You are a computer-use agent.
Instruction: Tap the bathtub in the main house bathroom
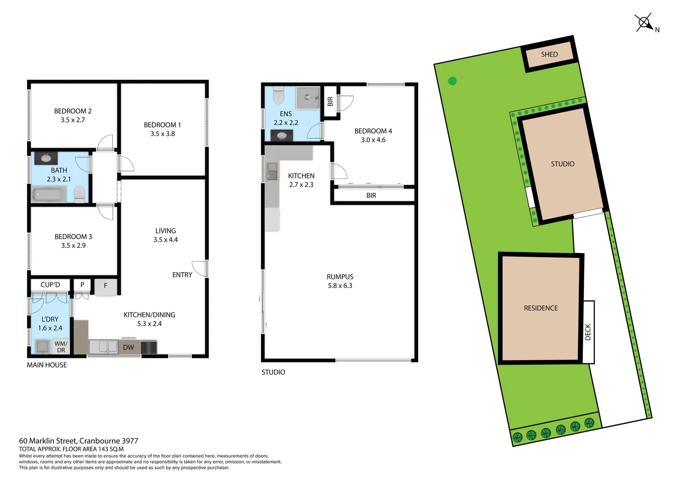click(x=49, y=195)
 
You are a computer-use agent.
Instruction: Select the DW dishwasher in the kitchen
click(x=129, y=347)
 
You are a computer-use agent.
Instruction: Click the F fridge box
click(x=106, y=286)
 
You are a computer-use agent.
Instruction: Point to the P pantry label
click(x=82, y=285)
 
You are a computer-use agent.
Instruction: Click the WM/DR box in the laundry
click(x=61, y=347)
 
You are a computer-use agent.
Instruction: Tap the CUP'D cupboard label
click(x=50, y=285)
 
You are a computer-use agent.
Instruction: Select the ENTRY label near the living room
click(x=182, y=275)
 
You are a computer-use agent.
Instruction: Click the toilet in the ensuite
click(x=279, y=95)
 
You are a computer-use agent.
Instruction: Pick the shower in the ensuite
click(x=308, y=97)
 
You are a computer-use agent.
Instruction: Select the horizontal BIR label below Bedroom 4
click(x=371, y=195)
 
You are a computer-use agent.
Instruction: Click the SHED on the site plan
click(x=549, y=54)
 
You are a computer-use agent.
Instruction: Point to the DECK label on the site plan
click(x=588, y=332)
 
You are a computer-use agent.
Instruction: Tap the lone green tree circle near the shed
click(x=452, y=81)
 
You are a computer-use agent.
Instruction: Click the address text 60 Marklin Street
click(x=79, y=441)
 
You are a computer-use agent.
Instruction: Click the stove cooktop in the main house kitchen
click(x=149, y=347)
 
